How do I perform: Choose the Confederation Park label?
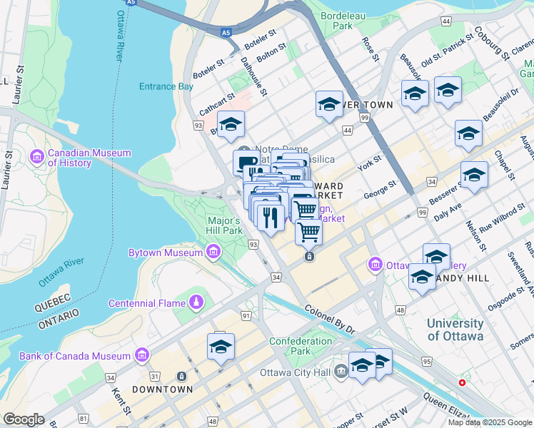click(301, 346)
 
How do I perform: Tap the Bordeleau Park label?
click(337, 20)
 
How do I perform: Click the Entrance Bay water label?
click(166, 86)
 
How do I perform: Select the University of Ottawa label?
click(455, 329)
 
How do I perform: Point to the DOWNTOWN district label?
click(162, 389)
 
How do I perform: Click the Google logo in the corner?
click(24, 419)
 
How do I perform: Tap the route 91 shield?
click(246, 315)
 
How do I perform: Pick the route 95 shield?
click(426, 362)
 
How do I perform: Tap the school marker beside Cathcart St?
click(231, 125)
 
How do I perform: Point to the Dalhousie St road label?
click(253, 76)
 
